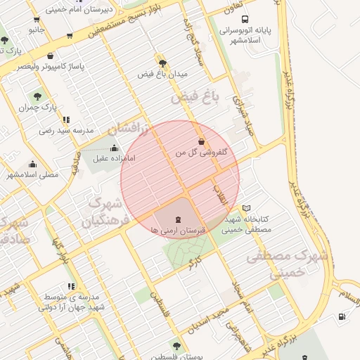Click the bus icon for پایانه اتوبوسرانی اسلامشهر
pos(244,20)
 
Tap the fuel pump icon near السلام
pos(342,316)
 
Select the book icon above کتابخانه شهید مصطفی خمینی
pos(246,208)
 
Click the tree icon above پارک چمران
pos(37,96)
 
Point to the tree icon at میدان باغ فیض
pos(162,63)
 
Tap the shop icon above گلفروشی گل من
pos(202,141)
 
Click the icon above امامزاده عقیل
pos(114,148)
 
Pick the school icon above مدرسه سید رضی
pos(66,120)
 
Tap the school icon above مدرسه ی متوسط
pos(71,286)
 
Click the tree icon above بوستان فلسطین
pos(176,346)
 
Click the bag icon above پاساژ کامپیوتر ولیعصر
pos(49,56)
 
